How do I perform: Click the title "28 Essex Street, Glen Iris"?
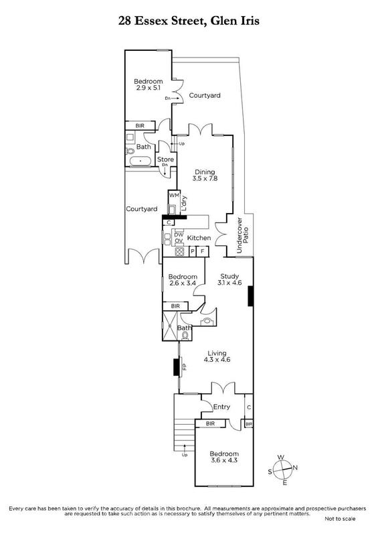[189, 21]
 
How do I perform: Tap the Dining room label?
[205, 172]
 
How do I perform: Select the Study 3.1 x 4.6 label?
[229, 279]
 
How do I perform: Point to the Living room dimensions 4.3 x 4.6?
[217, 360]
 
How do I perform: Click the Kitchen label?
[199, 238]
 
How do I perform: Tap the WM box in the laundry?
[174, 195]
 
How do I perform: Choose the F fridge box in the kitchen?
[203, 252]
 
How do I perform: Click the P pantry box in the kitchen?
[193, 252]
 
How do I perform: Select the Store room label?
[165, 159]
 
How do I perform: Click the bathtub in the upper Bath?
[140, 161]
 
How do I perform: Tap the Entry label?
[221, 407]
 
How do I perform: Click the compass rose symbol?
[283, 470]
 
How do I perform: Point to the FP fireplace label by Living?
[184, 367]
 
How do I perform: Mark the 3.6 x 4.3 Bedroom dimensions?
[223, 460]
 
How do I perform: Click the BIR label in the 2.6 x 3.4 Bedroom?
[175, 306]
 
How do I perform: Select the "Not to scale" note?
[340, 519]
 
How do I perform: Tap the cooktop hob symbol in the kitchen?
[179, 252]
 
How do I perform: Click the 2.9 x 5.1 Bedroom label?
[149, 84]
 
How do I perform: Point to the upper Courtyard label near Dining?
[205, 95]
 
